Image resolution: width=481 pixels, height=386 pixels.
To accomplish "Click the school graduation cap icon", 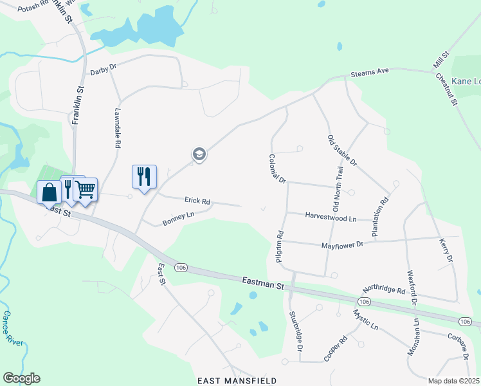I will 199,154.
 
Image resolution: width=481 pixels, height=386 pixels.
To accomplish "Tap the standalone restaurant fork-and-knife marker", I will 144,176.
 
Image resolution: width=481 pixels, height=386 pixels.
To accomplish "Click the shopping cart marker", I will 86,189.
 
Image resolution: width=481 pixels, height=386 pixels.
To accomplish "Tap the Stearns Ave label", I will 370,73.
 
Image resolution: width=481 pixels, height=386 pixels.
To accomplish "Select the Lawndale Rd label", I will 118,129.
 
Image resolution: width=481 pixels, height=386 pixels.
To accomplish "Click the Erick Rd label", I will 197,201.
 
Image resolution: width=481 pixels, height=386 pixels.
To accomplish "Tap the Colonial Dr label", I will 277,169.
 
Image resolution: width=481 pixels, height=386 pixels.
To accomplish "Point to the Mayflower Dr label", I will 343,244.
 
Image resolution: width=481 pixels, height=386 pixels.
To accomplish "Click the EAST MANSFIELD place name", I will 237,381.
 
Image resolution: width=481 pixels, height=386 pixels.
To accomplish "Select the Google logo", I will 21,378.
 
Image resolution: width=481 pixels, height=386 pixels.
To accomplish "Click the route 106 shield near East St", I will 181,267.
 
